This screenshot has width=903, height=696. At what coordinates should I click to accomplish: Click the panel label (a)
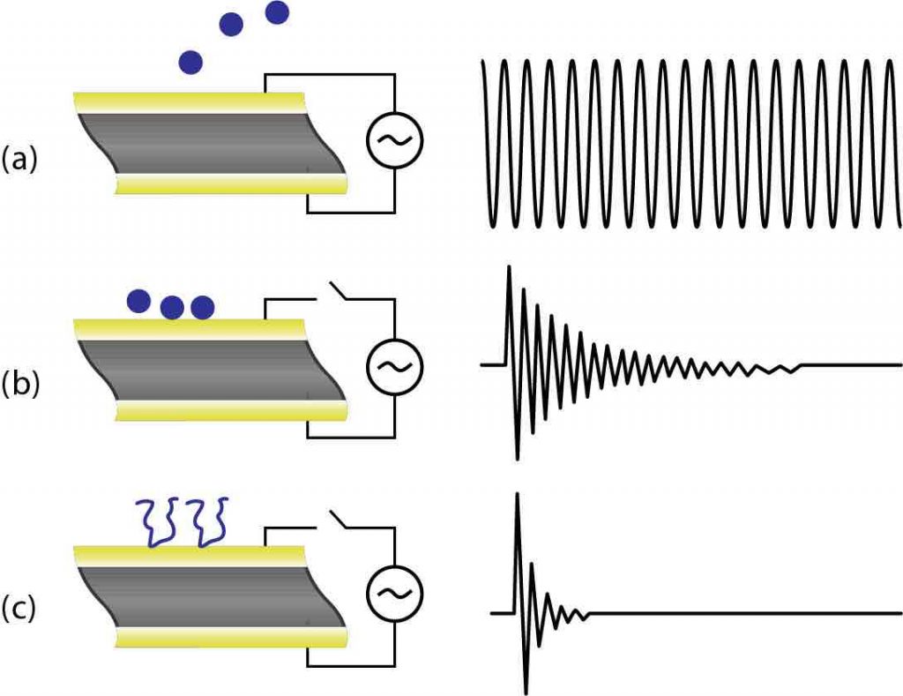[x=19, y=160]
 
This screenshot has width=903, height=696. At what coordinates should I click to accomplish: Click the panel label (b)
[x=19, y=385]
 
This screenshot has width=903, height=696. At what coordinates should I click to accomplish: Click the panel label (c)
[x=19, y=609]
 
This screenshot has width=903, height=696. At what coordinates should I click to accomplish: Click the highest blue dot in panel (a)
[x=277, y=11]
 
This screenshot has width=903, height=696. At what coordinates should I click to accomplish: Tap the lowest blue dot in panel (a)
[x=190, y=62]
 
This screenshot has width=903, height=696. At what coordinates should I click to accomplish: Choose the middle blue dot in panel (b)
[x=172, y=307]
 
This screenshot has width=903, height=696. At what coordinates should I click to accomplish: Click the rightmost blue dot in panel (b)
[x=203, y=307]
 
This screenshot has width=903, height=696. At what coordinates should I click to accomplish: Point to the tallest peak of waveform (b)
[x=509, y=267]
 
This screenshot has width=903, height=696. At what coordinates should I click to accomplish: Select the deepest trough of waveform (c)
[x=526, y=690]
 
